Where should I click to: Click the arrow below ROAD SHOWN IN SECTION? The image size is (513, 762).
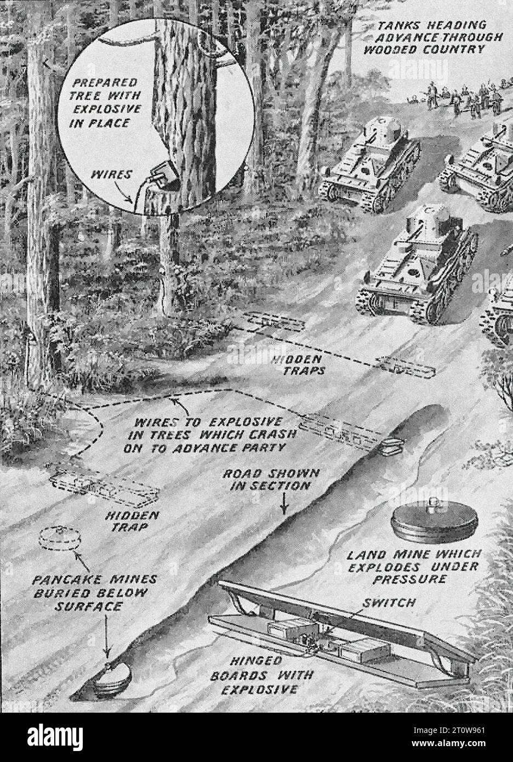[x=283, y=503]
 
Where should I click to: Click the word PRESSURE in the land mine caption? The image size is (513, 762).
[x=413, y=578]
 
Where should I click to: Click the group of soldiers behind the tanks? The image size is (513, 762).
[x=455, y=99]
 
